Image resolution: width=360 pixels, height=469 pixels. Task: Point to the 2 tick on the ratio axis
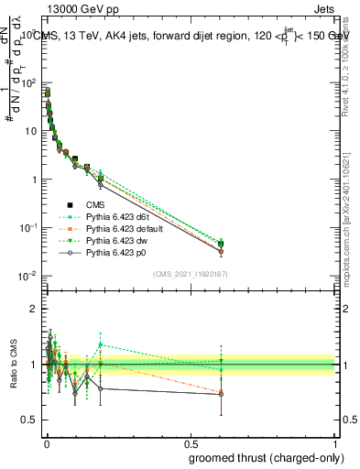pos(34,309)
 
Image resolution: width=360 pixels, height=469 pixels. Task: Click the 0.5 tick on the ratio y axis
pos(29,420)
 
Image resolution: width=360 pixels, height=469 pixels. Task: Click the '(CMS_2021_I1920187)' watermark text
pos(189,274)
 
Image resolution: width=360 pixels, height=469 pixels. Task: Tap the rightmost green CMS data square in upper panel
pos(220,244)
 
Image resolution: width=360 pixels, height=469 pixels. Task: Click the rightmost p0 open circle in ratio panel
pos(220,394)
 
